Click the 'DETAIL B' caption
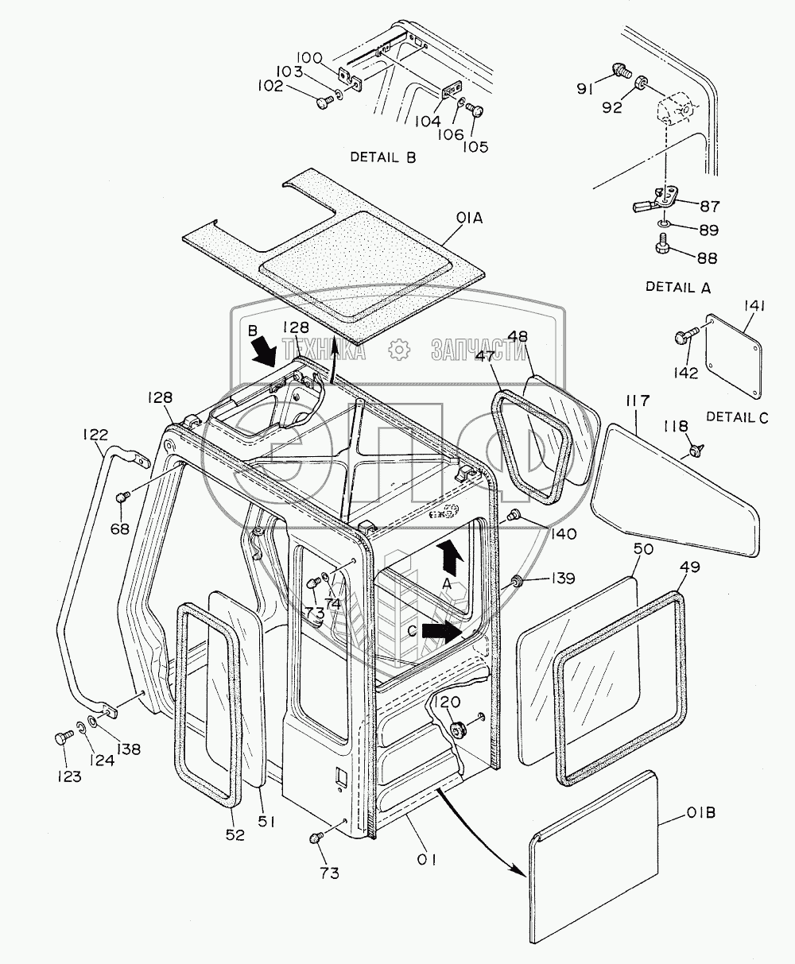[383, 157]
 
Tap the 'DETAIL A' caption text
[677, 287]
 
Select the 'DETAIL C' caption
[737, 417]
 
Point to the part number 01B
[700, 812]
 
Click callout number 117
[638, 401]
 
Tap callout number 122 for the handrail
[95, 435]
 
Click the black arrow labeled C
[442, 632]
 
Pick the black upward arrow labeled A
[448, 558]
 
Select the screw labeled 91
[619, 70]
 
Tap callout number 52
[235, 834]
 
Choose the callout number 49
[690, 567]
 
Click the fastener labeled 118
[696, 449]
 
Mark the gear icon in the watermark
[398, 350]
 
